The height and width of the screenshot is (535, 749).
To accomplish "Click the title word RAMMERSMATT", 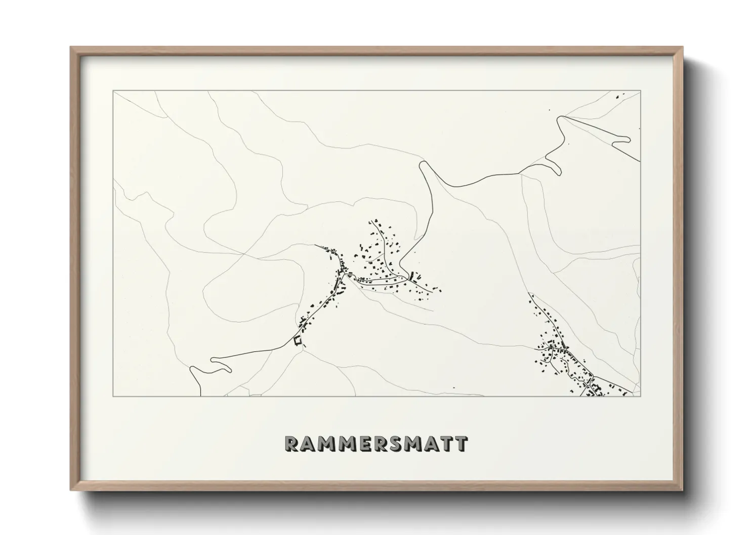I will point(376,443).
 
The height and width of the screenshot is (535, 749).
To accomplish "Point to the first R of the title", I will point(292,443).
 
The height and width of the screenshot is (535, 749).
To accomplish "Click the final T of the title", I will point(461,443).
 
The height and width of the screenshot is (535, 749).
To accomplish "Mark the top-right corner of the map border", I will point(641,91).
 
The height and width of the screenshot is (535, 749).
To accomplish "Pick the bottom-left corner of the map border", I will point(113,396).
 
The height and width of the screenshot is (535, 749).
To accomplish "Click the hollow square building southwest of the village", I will point(297,341).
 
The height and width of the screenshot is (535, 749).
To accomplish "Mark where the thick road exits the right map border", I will point(640,161).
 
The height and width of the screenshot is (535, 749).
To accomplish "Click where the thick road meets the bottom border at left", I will point(202,395).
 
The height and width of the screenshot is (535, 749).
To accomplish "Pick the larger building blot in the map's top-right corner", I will point(618,96).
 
